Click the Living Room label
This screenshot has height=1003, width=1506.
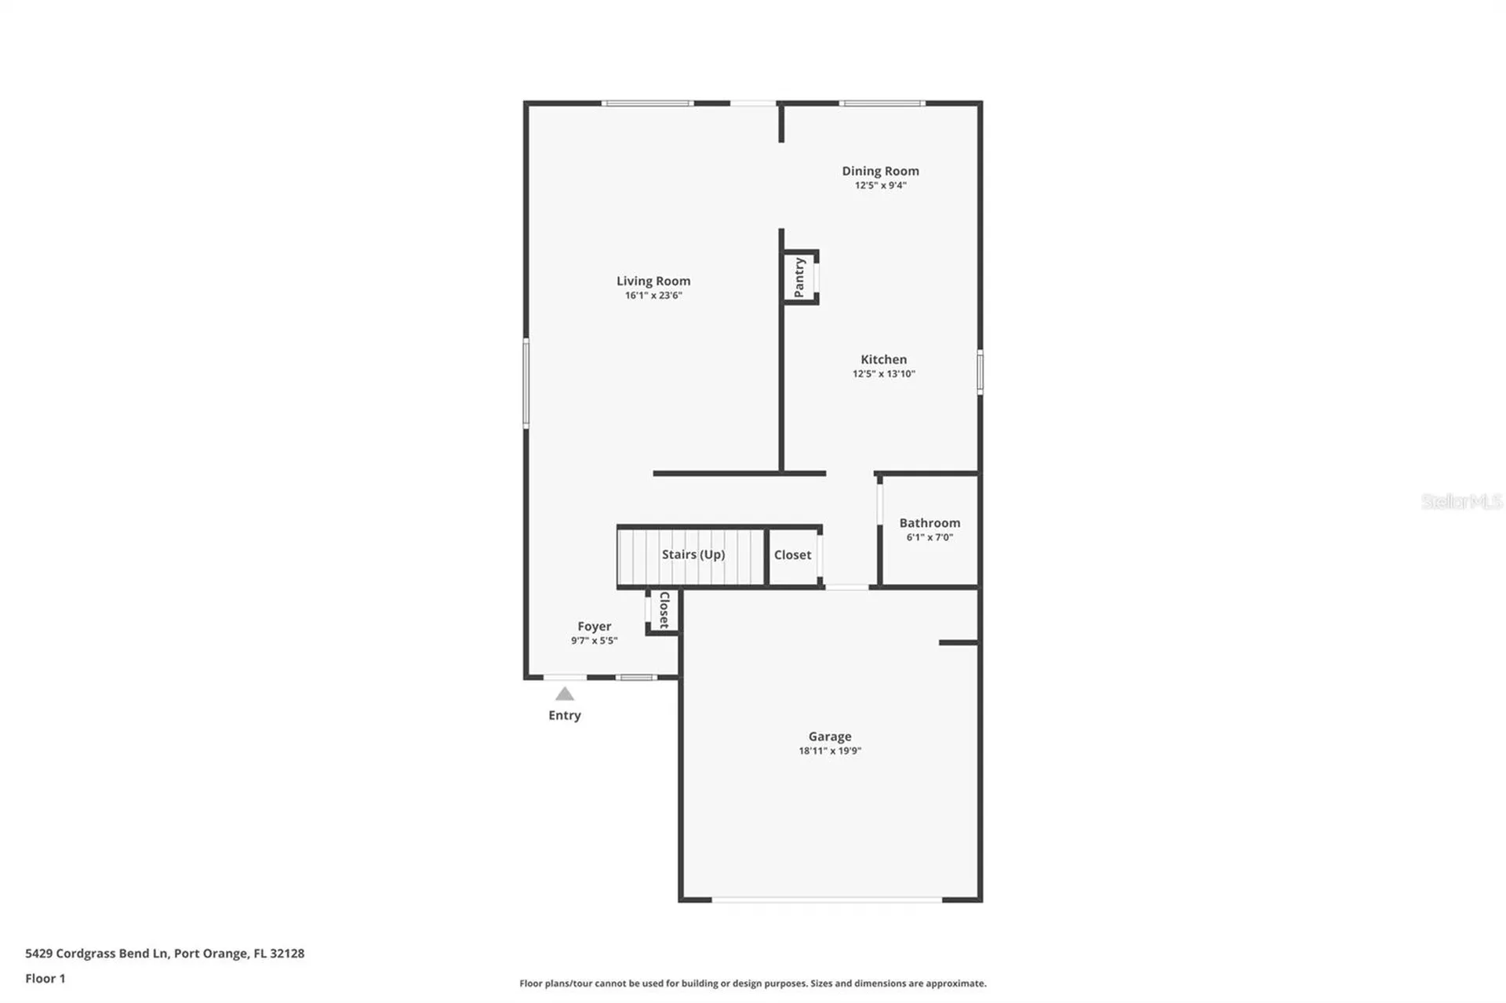tap(653, 281)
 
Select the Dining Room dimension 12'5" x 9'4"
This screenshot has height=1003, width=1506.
tap(880, 186)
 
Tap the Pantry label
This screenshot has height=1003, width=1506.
tap(799, 278)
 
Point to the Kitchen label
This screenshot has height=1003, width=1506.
tap(883, 359)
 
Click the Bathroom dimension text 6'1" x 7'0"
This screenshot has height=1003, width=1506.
tap(929, 537)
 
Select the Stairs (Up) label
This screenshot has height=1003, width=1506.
tap(693, 554)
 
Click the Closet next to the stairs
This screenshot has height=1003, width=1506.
tap(792, 554)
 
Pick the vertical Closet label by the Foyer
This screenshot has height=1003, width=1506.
tap(664, 610)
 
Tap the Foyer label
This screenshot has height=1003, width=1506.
tap(594, 626)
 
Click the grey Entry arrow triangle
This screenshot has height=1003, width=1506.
tap(565, 694)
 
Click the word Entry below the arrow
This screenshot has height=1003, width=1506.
tap(565, 715)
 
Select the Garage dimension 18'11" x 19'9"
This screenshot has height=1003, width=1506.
tap(830, 750)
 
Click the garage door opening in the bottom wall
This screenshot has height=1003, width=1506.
tap(827, 899)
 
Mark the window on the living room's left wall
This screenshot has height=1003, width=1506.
tap(526, 383)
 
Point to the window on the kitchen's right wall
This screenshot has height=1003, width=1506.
tap(980, 372)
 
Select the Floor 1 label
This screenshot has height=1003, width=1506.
tap(45, 978)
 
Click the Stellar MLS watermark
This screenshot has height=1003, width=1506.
tap(1461, 501)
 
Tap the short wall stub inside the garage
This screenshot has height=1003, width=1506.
tap(958, 643)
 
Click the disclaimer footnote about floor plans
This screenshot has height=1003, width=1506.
tap(752, 983)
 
